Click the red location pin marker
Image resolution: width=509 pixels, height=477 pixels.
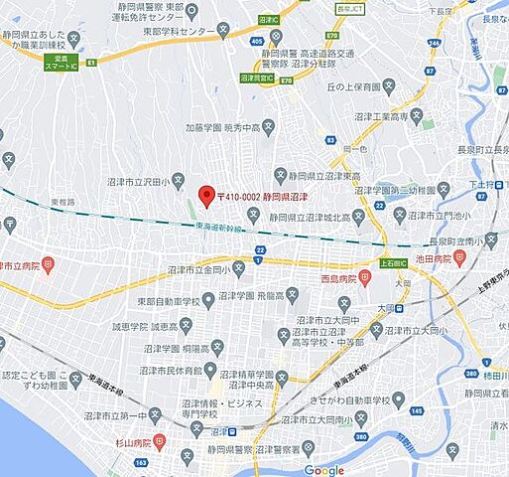point(206,195)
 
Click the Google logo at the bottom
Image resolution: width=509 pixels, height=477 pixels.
point(323,469)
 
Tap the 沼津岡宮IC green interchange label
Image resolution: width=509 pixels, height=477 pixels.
point(256,76)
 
